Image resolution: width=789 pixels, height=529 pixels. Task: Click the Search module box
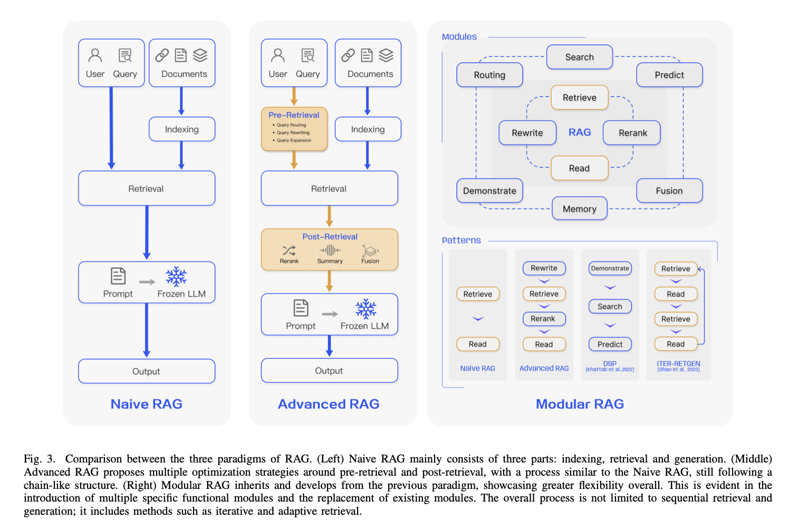(x=580, y=57)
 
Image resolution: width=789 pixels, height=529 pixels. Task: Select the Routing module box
(x=489, y=75)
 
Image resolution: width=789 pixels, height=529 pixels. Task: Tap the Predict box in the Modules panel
(x=669, y=75)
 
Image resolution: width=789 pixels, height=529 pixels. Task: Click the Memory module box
(x=580, y=209)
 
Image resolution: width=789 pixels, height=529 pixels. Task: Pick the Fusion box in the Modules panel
(x=669, y=191)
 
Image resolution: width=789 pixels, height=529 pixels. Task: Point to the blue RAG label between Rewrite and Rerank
(x=580, y=132)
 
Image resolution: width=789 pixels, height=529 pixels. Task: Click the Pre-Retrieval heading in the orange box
(x=294, y=115)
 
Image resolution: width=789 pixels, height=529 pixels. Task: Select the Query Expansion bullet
(x=292, y=140)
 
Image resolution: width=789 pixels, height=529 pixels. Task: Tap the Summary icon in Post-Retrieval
(x=330, y=250)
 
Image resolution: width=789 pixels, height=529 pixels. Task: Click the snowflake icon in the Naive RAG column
(x=176, y=276)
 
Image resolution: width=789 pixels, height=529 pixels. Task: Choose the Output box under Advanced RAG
(x=329, y=371)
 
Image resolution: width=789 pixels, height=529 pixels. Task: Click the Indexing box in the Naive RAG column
(x=182, y=129)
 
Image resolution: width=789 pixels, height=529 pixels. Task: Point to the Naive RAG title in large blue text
(x=147, y=404)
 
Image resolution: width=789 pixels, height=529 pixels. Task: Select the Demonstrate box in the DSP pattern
(x=610, y=268)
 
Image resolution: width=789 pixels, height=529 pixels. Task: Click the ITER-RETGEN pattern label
(x=678, y=364)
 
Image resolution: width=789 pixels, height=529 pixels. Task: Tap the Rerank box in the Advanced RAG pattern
(x=544, y=319)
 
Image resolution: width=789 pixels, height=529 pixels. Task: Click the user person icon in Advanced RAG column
(x=278, y=55)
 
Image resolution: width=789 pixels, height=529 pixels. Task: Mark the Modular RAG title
(x=580, y=404)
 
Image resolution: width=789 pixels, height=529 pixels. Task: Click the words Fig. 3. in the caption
(x=40, y=459)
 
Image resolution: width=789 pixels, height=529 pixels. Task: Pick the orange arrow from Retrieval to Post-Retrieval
(x=329, y=216)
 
